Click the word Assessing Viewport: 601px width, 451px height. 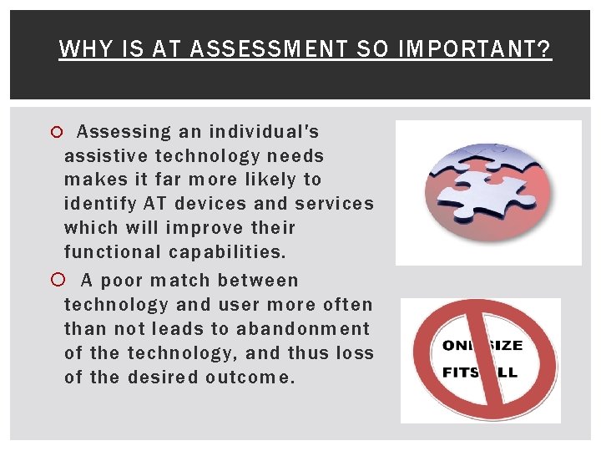[121, 132]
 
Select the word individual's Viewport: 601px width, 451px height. [264, 132]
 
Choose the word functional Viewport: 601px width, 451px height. [113, 252]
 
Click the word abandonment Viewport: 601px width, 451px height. [303, 329]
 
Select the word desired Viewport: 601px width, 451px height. [157, 378]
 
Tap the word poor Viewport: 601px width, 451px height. [123, 281]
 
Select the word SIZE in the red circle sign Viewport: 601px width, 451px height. [505, 346]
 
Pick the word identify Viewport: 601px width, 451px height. [99, 204]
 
